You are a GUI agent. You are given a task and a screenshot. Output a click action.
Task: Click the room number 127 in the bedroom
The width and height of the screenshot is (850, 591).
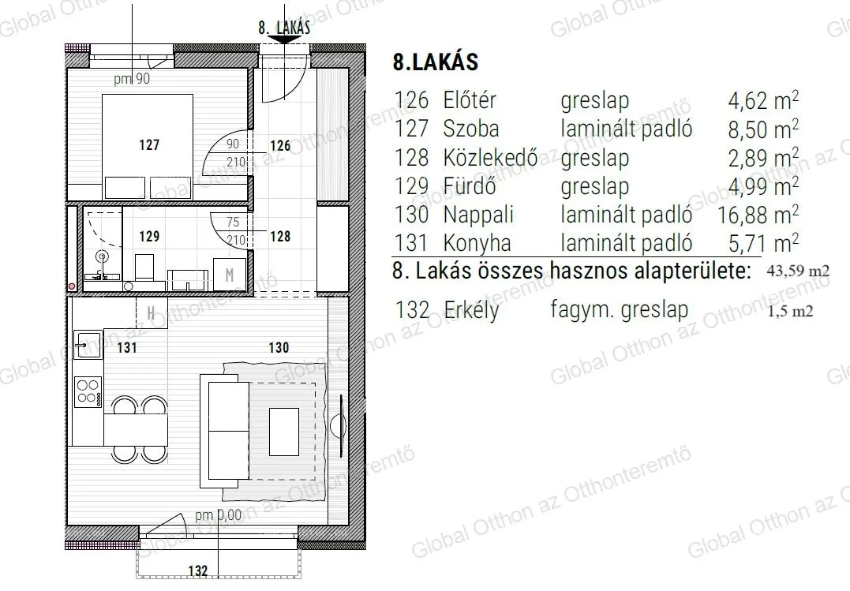coord(148,145)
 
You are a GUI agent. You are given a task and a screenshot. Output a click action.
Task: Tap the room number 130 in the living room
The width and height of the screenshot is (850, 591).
coord(279,347)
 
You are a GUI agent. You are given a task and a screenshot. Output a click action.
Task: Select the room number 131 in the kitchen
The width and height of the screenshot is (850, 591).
coord(128,347)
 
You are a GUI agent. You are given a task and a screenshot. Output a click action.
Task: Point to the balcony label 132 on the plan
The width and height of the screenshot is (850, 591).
coord(199,570)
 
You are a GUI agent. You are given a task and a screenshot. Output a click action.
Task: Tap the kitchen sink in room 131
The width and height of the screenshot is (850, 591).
coord(85,342)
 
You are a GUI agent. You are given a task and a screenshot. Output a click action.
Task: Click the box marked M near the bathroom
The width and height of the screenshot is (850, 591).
coord(230,275)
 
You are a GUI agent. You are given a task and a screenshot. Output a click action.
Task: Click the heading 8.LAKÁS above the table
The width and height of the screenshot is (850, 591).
coord(435,63)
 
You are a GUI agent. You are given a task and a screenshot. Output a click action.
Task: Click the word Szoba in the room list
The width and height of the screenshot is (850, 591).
coord(470,129)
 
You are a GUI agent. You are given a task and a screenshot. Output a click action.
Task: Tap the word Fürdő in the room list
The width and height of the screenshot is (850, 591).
coord(469,186)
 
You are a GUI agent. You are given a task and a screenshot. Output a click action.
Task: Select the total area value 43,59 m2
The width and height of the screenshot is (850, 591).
coord(799,271)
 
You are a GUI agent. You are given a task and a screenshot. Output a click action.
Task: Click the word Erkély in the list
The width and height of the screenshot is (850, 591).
coord(470,310)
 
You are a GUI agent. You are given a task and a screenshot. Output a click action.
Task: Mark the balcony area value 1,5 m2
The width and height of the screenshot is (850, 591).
coord(791,311)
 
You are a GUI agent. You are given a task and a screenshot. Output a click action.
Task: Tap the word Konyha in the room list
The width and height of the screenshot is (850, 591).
coord(477,242)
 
